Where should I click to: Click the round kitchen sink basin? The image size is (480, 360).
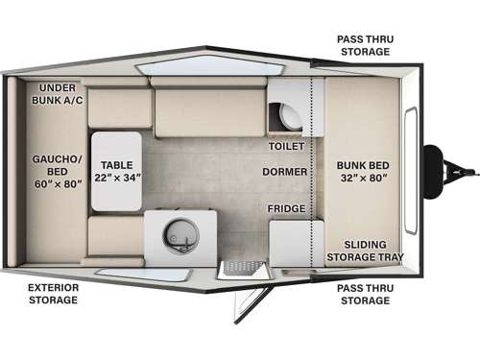(180, 232)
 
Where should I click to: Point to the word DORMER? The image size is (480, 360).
(285, 172)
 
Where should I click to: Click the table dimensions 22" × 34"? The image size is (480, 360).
(117, 177)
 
